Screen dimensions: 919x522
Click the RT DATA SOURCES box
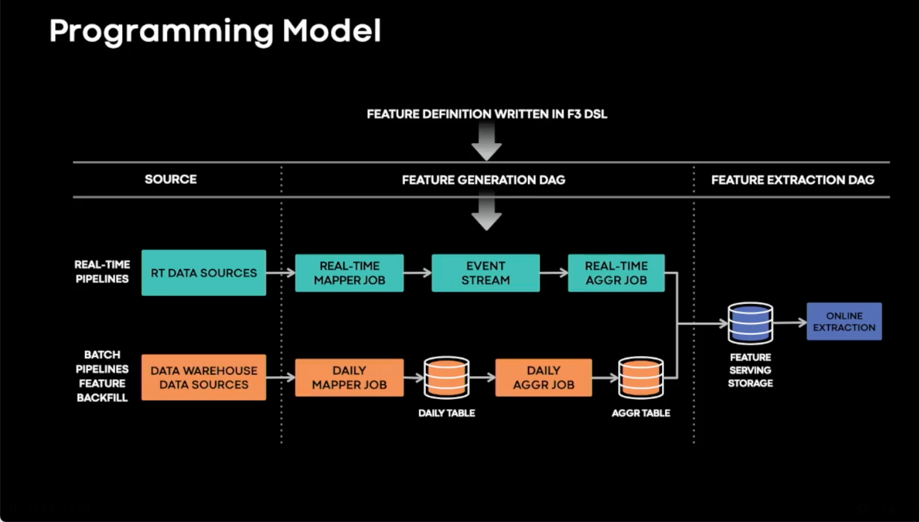coord(204,273)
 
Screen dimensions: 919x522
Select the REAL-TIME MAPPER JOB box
coord(349,273)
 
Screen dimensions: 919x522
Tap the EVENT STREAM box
coord(485,273)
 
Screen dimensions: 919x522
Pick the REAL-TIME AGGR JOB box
coord(616,273)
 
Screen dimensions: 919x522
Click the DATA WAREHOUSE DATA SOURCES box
coord(204,377)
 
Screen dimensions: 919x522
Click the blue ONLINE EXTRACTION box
coord(844,322)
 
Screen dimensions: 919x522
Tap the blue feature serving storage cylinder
coord(750,323)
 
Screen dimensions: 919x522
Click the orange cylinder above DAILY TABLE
coord(447,377)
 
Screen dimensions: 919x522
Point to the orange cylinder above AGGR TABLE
coord(641,377)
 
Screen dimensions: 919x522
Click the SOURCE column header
coord(171,180)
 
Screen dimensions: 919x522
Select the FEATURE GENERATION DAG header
coord(483,180)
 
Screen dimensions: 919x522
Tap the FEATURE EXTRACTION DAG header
coord(792,180)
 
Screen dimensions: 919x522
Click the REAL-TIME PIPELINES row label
coord(102,271)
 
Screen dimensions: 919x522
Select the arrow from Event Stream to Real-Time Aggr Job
coord(554,273)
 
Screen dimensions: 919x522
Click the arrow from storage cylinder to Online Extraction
coord(790,322)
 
